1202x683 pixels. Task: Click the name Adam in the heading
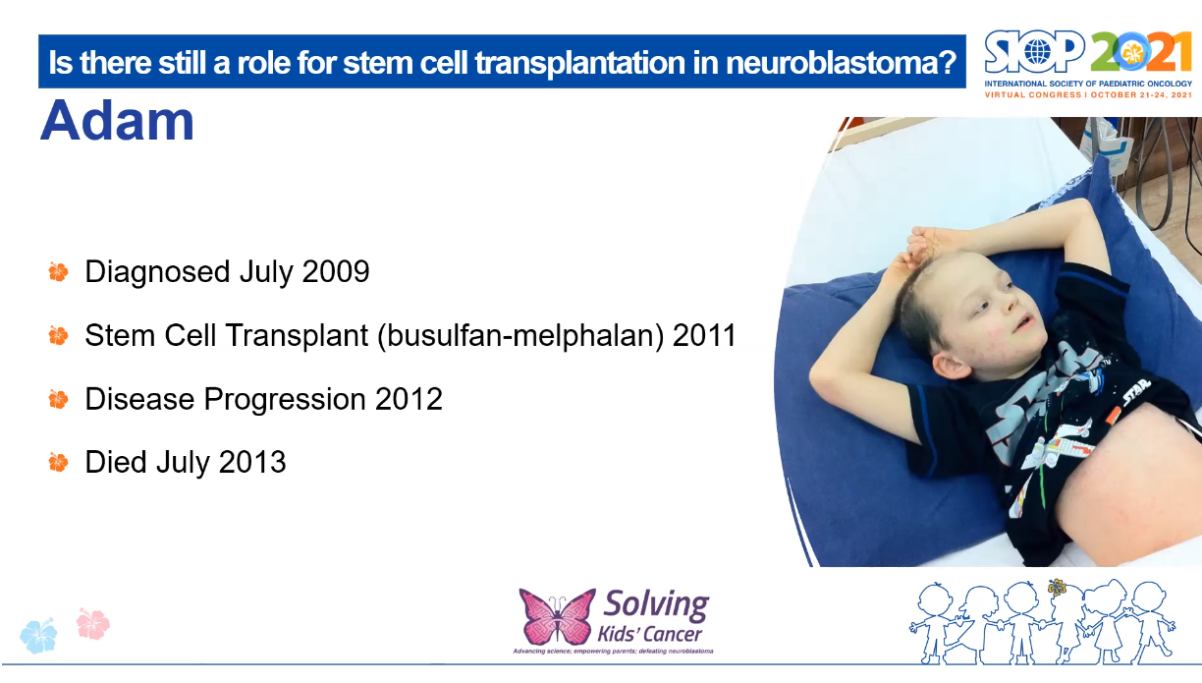point(117,121)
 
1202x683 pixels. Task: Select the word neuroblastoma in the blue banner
point(841,62)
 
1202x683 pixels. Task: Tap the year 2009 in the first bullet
point(336,271)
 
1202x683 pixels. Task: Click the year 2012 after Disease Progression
point(409,399)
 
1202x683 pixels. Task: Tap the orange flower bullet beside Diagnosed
point(58,271)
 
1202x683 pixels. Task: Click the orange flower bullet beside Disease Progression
point(58,400)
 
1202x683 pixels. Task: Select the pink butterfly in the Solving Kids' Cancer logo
point(557,616)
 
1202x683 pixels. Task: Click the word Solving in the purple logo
point(656,604)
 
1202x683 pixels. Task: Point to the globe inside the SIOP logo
point(1037,52)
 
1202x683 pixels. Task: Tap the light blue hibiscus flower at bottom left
point(38,636)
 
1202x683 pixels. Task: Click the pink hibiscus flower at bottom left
point(93,624)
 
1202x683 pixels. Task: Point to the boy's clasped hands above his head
point(928,243)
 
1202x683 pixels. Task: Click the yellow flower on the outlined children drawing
point(1057,588)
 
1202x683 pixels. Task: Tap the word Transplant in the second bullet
point(298,335)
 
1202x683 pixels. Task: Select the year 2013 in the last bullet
point(252,462)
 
